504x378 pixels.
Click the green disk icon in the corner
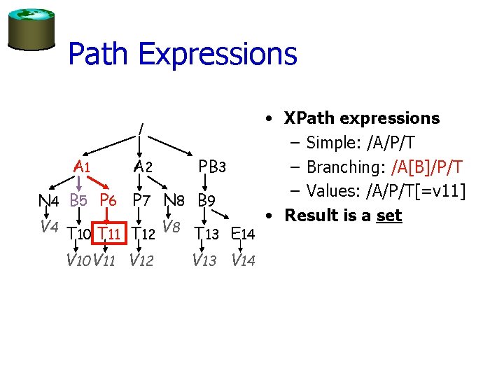pyautogui.click(x=30, y=29)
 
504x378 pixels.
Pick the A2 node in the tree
pyautogui.click(x=143, y=167)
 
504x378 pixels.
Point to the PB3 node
pyautogui.click(x=211, y=167)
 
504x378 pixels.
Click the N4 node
pyautogui.click(x=48, y=201)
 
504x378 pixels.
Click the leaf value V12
pyautogui.click(x=141, y=261)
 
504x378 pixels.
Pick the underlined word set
pyautogui.click(x=388, y=215)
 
